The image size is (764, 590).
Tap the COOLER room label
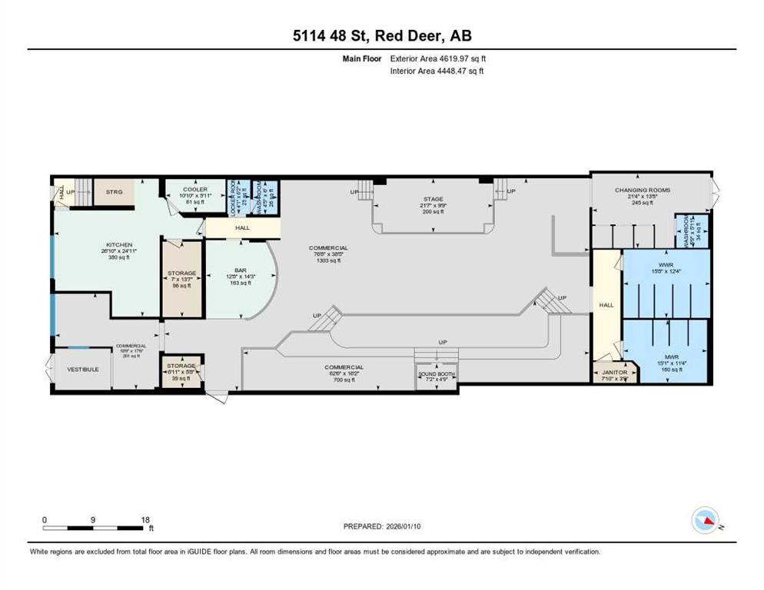(x=184, y=190)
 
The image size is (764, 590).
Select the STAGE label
(x=433, y=199)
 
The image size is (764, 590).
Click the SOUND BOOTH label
(x=436, y=374)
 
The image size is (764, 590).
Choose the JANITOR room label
(x=615, y=373)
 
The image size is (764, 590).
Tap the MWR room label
(x=666, y=357)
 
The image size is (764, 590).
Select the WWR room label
(x=666, y=264)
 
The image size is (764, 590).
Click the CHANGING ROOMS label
(x=642, y=190)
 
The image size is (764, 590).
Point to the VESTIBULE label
(x=83, y=370)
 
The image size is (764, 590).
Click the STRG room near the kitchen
(x=114, y=192)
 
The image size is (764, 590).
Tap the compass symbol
(x=705, y=520)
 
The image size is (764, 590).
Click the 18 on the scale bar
(x=145, y=519)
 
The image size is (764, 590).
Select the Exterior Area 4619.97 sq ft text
(x=438, y=58)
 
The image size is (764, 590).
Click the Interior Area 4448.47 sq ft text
(x=437, y=71)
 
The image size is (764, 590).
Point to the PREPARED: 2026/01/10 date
(x=382, y=526)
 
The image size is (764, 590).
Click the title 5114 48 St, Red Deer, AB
(x=381, y=36)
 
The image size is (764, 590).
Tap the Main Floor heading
(x=362, y=58)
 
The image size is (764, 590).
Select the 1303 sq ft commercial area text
(x=329, y=261)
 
